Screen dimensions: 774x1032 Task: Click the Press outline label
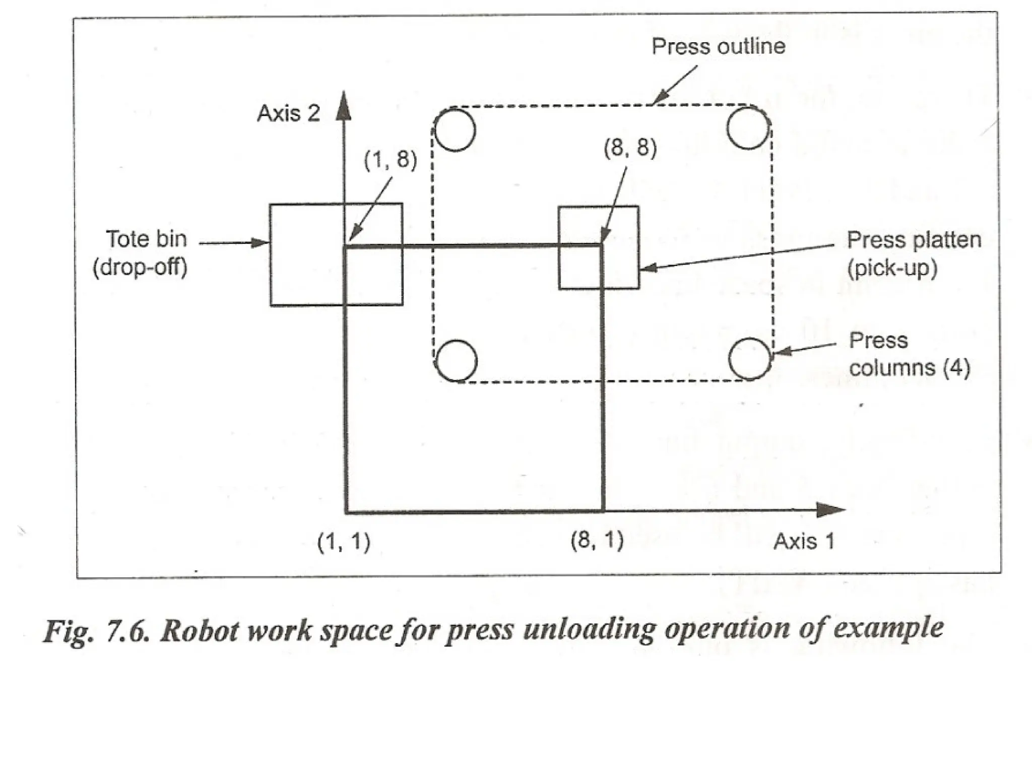[x=718, y=46]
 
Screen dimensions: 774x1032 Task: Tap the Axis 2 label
[x=288, y=113]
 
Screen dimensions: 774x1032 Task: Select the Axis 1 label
[x=804, y=542]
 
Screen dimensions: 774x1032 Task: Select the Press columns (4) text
[x=909, y=354]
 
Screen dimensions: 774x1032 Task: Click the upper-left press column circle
[x=455, y=130]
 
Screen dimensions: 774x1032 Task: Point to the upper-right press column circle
[x=748, y=128]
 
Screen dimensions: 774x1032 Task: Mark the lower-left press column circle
[x=456, y=361]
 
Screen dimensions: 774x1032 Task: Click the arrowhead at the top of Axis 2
[x=344, y=107]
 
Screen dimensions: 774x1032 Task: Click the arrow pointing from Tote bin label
[x=234, y=243]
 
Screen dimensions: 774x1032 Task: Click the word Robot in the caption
[x=199, y=630]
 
